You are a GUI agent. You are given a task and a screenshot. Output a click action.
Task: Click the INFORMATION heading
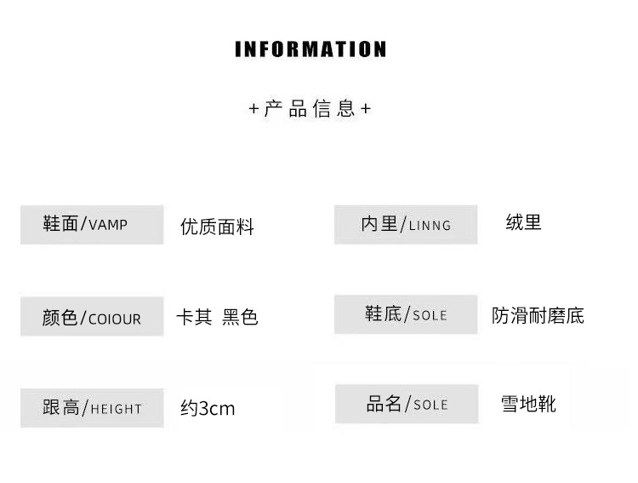coord(310,49)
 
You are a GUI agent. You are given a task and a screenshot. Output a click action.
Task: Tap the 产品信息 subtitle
coord(310,109)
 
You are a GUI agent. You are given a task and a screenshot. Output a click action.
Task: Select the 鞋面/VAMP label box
coord(92,225)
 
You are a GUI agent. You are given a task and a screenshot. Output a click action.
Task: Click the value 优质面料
coord(217,227)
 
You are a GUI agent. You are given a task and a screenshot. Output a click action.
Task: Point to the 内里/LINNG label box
coord(405,225)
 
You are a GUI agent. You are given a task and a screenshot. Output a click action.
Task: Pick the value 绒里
coord(523,223)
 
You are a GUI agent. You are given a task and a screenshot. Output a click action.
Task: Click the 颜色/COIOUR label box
coord(92,318)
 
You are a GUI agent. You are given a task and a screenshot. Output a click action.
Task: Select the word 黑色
coord(240,317)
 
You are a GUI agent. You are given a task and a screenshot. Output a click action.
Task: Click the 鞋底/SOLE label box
coord(405,314)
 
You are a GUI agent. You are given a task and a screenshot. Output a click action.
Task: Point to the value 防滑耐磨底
coord(538,315)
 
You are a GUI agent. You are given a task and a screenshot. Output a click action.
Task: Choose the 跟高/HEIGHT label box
coord(92,407)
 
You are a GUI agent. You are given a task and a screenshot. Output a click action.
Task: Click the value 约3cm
coord(208,408)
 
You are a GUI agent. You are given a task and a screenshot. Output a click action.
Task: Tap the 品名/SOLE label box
coord(405,404)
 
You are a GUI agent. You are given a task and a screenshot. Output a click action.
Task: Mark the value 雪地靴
coord(528,403)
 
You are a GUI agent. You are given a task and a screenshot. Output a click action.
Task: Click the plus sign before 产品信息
coord(253,109)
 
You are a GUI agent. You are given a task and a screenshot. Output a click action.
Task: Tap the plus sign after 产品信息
coord(366,109)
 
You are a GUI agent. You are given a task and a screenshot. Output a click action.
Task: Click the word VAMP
coord(108,226)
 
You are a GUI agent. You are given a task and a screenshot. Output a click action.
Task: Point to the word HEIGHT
coord(116,409)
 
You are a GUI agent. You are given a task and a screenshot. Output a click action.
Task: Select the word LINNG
coord(430,226)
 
